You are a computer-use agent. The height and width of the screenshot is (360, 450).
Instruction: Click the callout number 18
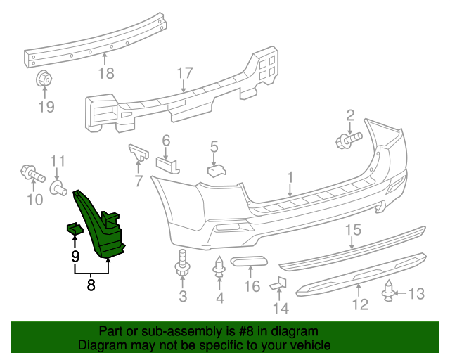(x=105, y=73)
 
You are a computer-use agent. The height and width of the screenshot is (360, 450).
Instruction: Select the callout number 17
(x=184, y=73)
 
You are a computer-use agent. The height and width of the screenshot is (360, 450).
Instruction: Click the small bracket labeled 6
(x=167, y=165)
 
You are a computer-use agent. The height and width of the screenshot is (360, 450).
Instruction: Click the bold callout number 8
(x=91, y=285)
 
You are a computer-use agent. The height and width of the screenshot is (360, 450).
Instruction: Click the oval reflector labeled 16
(x=248, y=263)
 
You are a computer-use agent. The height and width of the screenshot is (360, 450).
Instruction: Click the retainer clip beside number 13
(x=389, y=291)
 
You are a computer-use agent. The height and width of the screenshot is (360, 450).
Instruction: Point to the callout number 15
(x=352, y=229)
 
